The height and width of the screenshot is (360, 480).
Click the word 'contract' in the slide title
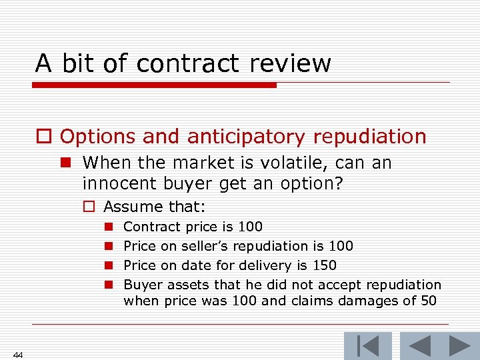[190, 63]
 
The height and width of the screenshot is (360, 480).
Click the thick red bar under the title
[154, 85]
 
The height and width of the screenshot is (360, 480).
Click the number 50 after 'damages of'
[429, 301]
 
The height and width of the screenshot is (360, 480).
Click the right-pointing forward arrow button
[459, 346]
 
